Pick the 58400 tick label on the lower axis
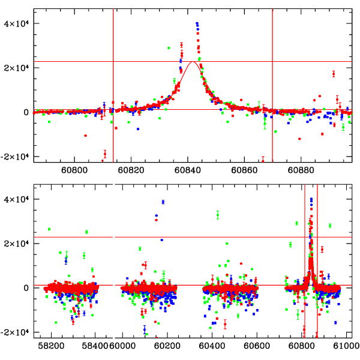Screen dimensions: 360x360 (97, 346)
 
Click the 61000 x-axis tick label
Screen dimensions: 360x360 (346, 346)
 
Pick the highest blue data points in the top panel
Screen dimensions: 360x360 (197, 25)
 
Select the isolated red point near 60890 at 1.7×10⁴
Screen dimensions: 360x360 (333, 73)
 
